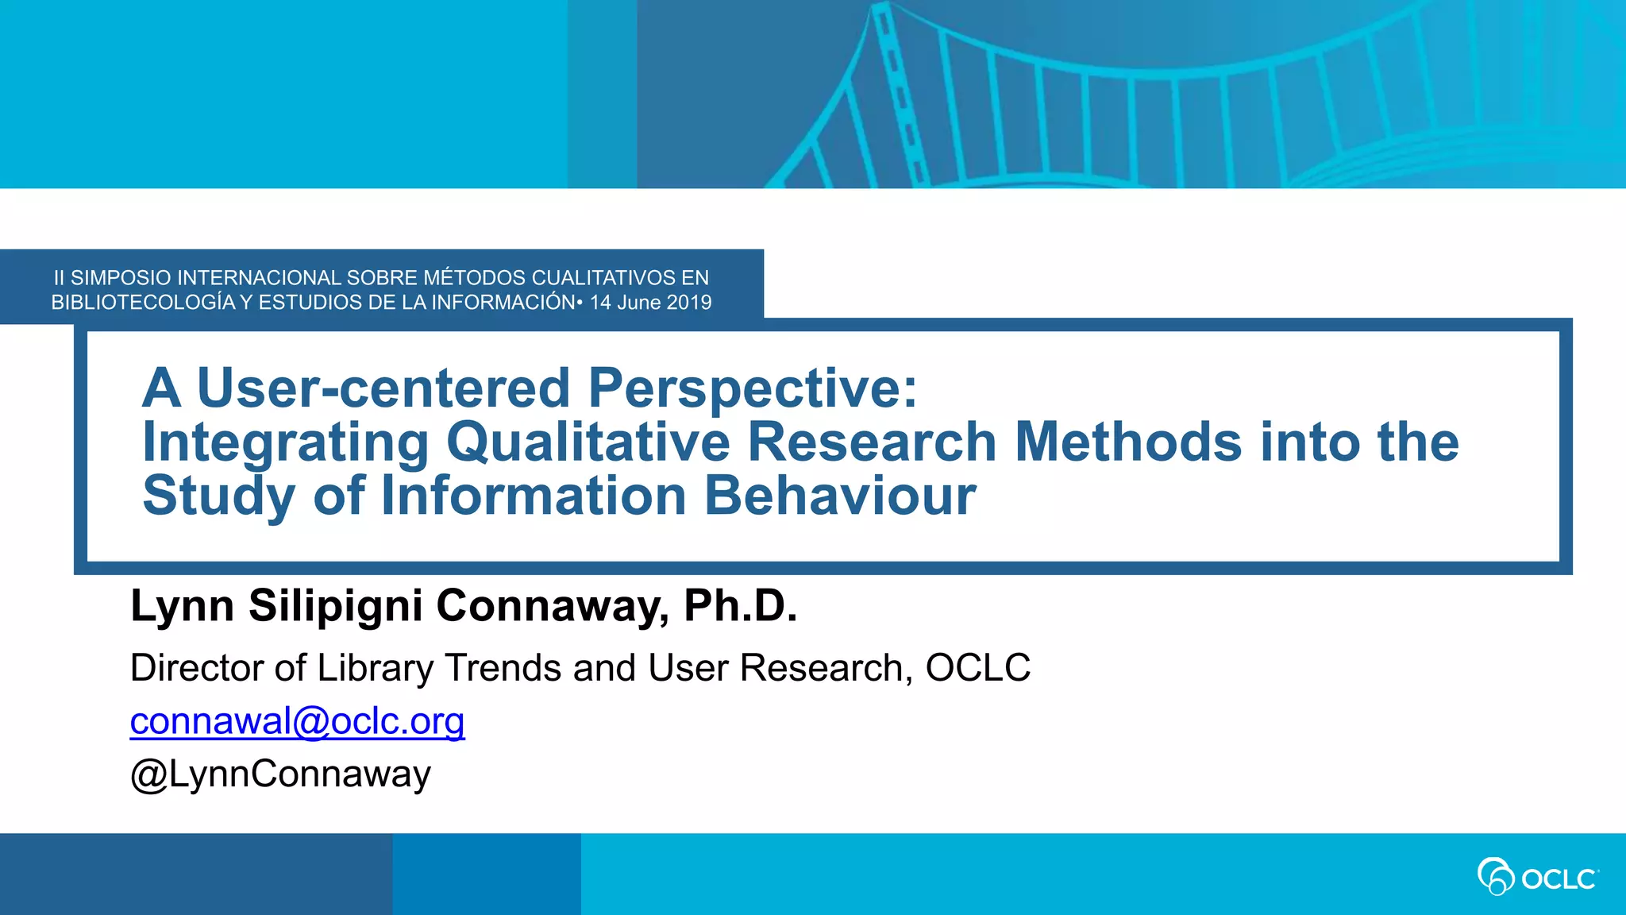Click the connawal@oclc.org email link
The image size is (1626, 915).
tap(297, 721)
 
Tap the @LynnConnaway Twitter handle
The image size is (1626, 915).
tap(280, 774)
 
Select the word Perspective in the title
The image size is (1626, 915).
tap(752, 388)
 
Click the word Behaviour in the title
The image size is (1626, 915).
tap(840, 496)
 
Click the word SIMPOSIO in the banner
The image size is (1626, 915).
tap(121, 278)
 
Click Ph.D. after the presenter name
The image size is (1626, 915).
tap(740, 606)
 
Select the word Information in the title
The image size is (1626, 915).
tap(534, 496)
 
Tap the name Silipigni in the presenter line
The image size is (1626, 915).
tap(335, 606)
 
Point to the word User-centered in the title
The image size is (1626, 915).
tap(383, 388)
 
